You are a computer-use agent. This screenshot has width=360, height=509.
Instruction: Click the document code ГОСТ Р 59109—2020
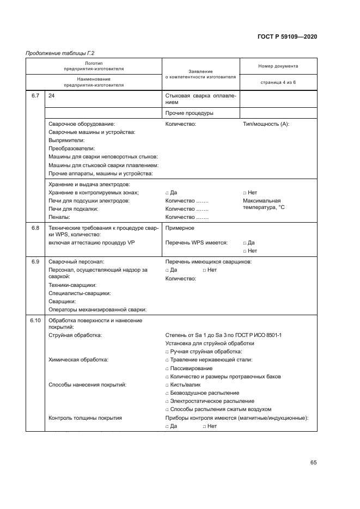pos(286,36)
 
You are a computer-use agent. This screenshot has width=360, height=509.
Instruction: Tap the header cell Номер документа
pos(278,66)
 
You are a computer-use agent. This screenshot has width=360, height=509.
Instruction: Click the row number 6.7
pos(35,96)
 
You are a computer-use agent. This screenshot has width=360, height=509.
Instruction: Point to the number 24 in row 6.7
pos(52,96)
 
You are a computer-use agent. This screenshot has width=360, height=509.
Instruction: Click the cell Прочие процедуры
pos(189,113)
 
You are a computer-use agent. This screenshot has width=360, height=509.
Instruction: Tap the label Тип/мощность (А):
pos(266,124)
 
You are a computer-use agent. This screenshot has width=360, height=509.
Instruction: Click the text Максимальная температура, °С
pos(264,204)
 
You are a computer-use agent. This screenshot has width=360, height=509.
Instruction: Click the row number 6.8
pos(35,228)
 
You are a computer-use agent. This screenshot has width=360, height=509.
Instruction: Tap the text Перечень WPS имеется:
pos(196,243)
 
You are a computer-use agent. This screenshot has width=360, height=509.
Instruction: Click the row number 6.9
pos(35,262)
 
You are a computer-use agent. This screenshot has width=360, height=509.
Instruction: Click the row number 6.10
pos(35,321)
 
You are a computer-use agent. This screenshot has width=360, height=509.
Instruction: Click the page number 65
pos(313,463)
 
